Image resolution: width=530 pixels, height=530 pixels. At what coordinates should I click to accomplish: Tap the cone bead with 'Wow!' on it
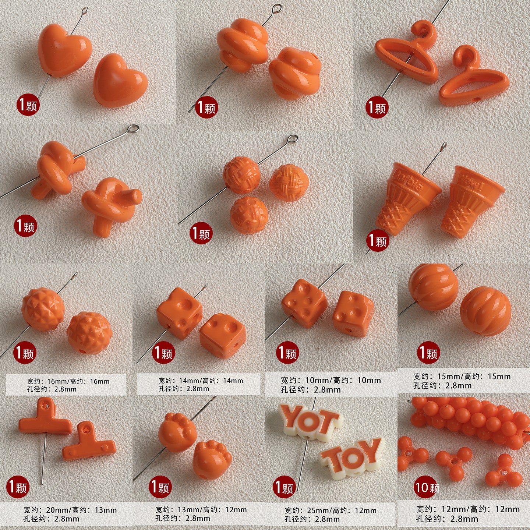[473, 201]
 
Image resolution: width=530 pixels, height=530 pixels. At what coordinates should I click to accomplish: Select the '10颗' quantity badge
[427, 488]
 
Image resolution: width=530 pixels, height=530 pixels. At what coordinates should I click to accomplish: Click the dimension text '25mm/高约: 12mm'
[330, 510]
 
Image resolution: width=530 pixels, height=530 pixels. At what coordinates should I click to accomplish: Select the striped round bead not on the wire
[485, 311]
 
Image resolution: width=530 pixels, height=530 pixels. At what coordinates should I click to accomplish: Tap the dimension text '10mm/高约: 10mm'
[331, 380]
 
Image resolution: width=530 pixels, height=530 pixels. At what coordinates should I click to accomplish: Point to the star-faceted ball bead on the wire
[43, 309]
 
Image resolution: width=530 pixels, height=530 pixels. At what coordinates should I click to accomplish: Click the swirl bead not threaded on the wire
[294, 73]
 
